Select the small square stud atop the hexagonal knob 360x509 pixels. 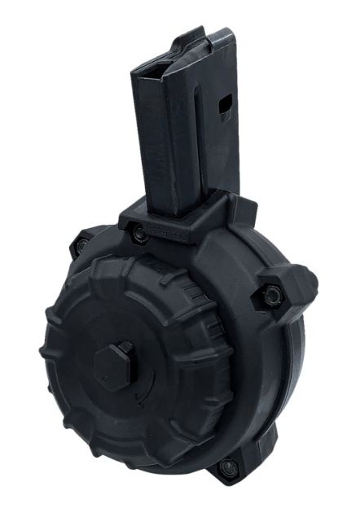click(125, 349)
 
